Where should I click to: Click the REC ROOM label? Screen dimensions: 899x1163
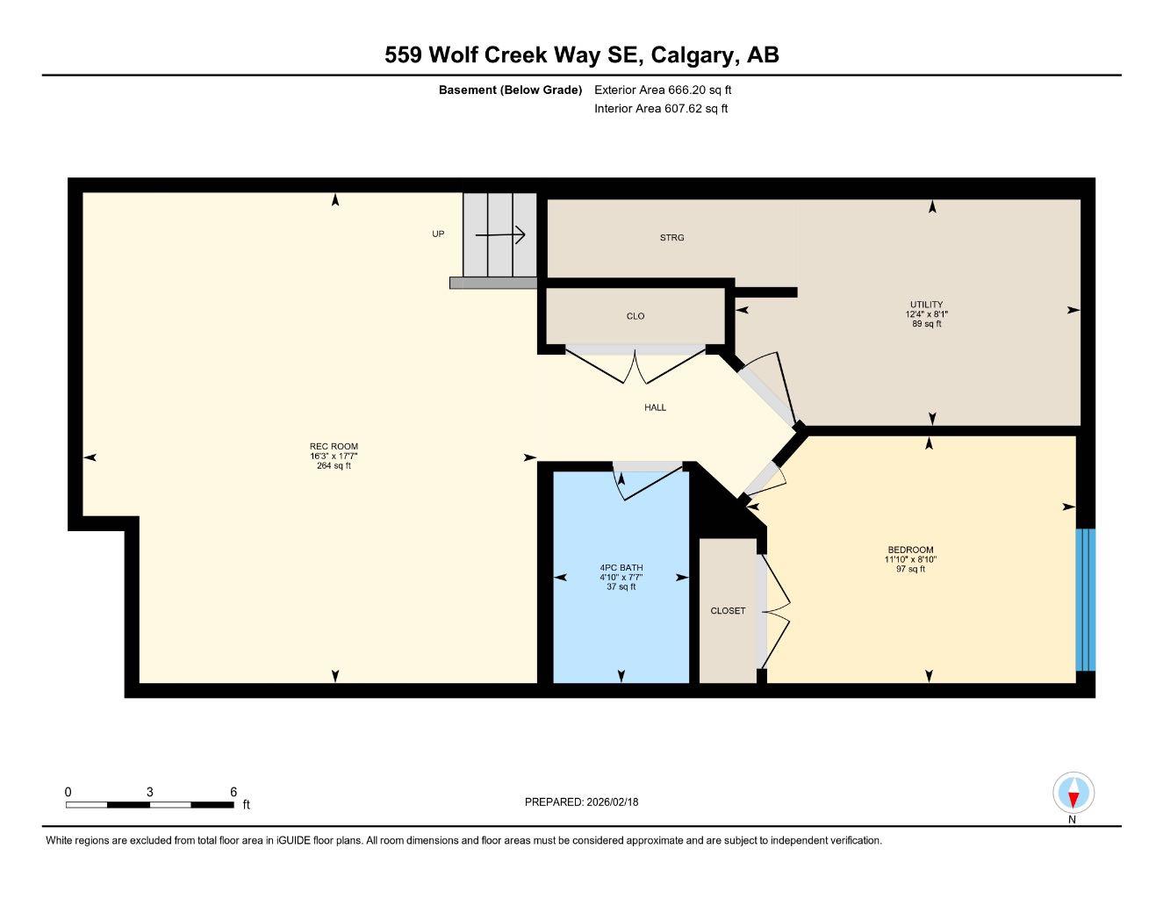334,447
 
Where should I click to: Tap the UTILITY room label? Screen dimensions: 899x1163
926,305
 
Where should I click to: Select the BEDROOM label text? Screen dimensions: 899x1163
910,550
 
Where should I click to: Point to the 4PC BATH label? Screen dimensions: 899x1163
621,568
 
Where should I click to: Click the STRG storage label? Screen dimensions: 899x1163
671,238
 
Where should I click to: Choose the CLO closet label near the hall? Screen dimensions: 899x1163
635,316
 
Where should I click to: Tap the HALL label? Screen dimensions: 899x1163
655,407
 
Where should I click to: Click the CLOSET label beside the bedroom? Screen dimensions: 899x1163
728,611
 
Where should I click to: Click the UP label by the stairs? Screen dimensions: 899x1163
438,234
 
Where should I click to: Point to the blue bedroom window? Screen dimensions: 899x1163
1086,600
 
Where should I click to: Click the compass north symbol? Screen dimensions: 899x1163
1072,795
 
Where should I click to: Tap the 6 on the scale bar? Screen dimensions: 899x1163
233,792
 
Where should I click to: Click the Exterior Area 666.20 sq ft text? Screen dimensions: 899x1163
663,90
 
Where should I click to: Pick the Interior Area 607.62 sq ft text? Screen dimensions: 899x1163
661,109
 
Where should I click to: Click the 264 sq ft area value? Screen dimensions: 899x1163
334,466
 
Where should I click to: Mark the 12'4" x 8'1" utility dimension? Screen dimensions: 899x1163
927,314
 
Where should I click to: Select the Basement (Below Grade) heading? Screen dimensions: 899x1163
510,90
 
